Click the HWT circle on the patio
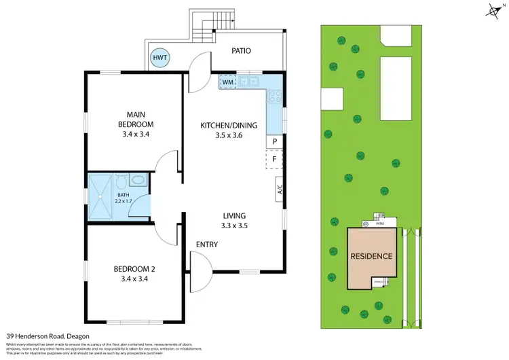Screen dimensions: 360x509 pos(160,58)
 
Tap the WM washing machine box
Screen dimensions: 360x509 pos(228,82)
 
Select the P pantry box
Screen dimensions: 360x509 pos(274,141)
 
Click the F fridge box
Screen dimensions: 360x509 pos(274,160)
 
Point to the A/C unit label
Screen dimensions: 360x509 pos(279,190)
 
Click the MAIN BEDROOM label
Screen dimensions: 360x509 pos(136,119)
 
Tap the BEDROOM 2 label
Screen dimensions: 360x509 pos(136,272)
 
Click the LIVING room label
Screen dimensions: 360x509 pos(233,215)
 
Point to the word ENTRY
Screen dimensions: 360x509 pos(207,245)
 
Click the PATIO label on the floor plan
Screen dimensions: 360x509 pos(242,50)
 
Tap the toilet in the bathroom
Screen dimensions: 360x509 pos(121,181)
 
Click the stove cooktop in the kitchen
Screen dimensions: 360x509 pos(274,98)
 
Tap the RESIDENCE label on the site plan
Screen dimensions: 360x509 pos(371,256)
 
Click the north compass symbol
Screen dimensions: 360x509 pos(494,10)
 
